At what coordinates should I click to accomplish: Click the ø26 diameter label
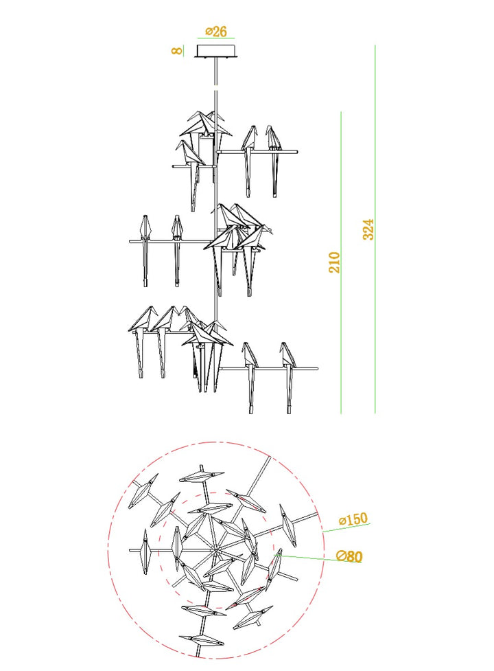click(216, 31)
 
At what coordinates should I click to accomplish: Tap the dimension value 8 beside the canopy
click(177, 51)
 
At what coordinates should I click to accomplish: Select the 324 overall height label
click(368, 229)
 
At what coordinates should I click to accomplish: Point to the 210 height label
click(334, 262)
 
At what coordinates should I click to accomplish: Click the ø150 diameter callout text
click(353, 519)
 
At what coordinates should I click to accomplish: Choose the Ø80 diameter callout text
click(349, 556)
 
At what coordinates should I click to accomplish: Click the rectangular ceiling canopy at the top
click(216, 51)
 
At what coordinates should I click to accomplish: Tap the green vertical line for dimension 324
click(375, 229)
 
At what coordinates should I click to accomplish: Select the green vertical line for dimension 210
click(341, 263)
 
